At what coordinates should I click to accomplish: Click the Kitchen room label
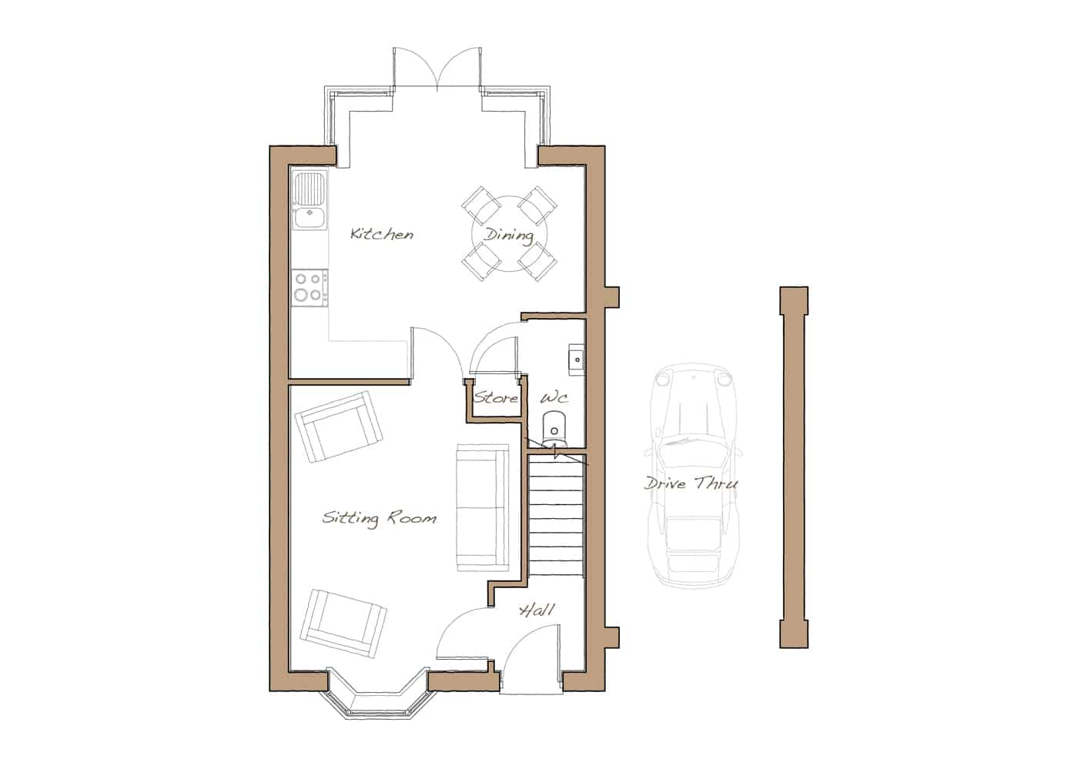382,234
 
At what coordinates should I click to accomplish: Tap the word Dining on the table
509,236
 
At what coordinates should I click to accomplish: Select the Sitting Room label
379,517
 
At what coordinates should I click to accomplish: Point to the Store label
496,398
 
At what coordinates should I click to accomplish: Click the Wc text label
554,398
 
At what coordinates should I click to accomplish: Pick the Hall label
537,610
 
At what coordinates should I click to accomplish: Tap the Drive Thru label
691,483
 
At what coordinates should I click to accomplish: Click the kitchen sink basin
310,217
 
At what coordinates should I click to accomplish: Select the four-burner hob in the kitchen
310,287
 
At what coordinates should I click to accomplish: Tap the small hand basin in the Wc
577,360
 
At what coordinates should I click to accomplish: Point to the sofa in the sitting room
482,507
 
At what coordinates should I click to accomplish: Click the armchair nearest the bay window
343,623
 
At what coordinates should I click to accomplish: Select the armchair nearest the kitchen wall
339,426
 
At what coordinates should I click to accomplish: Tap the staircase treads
556,514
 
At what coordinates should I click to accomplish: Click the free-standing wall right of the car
794,467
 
